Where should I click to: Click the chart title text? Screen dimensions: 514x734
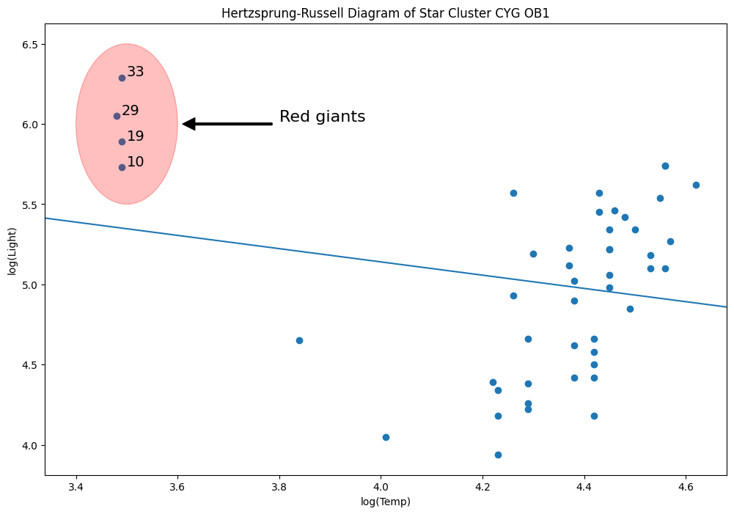pos(386,13)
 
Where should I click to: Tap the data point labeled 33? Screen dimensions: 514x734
pos(122,78)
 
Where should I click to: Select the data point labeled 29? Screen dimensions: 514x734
pos(117,116)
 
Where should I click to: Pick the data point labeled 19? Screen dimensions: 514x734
pos(122,142)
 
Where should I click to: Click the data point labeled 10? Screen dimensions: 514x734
pos(122,167)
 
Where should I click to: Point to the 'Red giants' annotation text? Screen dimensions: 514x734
pos(322,117)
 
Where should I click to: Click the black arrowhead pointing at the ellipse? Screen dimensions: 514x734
pos(188,124)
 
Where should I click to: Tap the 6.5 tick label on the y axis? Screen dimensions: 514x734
pos(30,45)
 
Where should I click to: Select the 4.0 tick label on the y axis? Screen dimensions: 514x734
pos(30,446)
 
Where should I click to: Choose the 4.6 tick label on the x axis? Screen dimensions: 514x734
pos(686,488)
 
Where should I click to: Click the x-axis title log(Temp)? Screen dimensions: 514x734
pos(386,502)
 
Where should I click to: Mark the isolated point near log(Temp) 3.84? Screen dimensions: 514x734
pos(299,340)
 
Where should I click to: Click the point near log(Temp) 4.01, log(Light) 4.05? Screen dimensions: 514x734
pos(386,437)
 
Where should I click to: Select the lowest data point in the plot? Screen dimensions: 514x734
pos(498,455)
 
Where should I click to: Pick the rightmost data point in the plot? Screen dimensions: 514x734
pos(696,185)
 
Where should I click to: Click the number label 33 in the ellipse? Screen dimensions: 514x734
pos(135,72)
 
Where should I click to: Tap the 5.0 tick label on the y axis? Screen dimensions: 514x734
pos(30,285)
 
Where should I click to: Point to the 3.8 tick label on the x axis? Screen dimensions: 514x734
pos(279,488)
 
